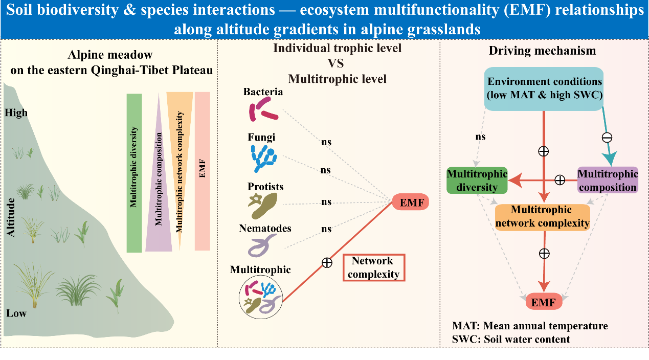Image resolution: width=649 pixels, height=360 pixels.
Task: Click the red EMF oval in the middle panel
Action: click(x=411, y=202)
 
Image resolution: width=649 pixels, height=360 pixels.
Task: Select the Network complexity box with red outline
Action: click(x=374, y=267)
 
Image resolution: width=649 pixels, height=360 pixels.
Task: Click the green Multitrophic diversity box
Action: click(x=477, y=181)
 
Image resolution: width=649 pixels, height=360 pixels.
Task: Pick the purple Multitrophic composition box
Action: click(x=608, y=181)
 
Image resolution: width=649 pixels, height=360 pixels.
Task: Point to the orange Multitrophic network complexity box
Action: click(x=542, y=217)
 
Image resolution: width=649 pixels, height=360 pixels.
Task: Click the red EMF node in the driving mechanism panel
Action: click(x=544, y=302)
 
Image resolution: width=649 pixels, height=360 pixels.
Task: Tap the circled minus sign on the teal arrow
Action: click(x=607, y=137)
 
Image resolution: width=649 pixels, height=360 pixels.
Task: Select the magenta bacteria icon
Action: click(x=263, y=108)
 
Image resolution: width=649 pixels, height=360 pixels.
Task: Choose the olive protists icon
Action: click(x=263, y=203)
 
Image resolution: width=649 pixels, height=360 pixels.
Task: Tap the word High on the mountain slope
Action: click(x=17, y=113)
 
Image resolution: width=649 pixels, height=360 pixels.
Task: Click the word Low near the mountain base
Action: click(x=16, y=313)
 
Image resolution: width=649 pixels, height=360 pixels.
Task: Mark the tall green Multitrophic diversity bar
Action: click(x=134, y=173)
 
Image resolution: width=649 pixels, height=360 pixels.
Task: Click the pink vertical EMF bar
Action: click(x=203, y=171)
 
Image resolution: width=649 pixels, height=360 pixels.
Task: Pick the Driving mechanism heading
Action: click(x=542, y=51)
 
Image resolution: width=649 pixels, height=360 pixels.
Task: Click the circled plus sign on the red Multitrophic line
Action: click(x=327, y=263)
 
